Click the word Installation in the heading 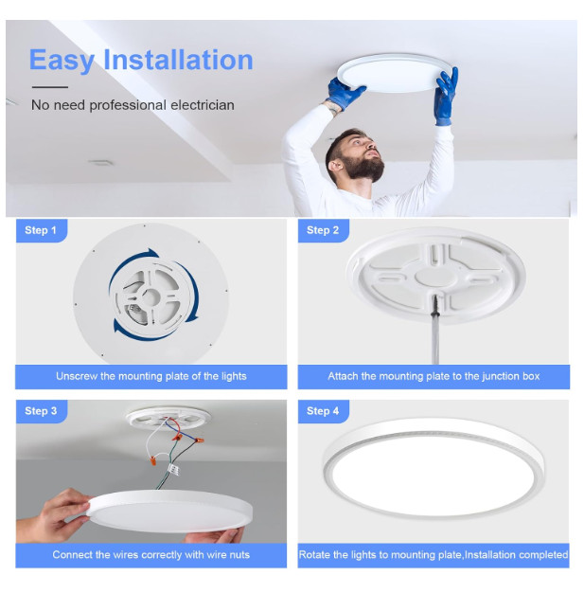tap(179, 60)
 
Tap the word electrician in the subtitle tap(196, 104)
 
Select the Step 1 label tap(41, 230)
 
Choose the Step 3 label tap(41, 410)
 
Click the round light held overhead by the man tap(392, 71)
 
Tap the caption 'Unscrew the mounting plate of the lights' tap(150, 376)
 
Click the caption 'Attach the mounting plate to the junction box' tap(434, 376)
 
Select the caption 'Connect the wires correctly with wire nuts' tap(150, 554)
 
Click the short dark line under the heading tap(49, 87)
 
